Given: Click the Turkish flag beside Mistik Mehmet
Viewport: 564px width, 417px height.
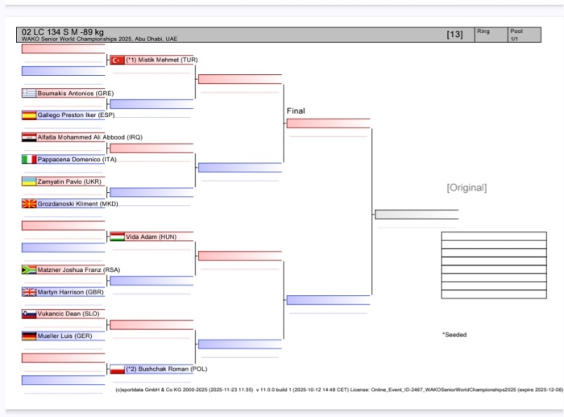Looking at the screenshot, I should [117, 60].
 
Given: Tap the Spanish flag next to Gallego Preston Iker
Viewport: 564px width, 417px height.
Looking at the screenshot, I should [29, 115].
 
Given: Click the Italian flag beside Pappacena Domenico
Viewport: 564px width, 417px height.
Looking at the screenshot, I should [29, 159].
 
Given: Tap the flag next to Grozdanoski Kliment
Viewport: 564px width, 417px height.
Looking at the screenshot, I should [29, 203].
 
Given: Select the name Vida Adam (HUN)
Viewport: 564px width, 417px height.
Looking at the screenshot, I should [151, 237].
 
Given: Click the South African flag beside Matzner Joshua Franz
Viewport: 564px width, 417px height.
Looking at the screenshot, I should [29, 269].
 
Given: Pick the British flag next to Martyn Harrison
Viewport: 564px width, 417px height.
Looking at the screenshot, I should [29, 292].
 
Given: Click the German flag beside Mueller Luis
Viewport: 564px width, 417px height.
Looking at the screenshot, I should [29, 336].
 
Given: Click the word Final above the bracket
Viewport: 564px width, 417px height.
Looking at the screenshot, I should [296, 111].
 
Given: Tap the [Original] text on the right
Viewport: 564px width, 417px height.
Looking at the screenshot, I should [467, 187].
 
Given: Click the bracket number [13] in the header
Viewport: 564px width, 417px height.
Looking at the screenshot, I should [454, 35].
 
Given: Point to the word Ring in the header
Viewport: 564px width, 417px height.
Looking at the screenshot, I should [483, 31].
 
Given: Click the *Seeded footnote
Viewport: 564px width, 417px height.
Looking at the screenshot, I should [454, 334].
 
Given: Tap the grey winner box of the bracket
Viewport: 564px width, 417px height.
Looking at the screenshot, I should [416, 215].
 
